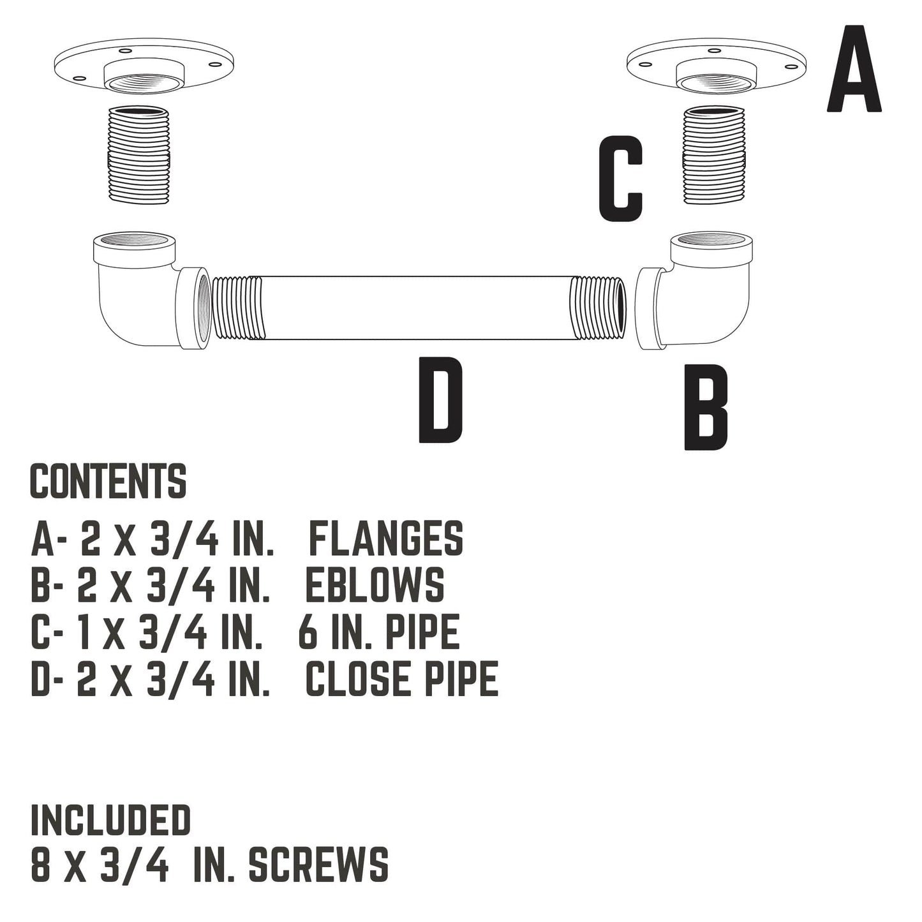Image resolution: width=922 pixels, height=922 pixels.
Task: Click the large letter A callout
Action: point(854,69)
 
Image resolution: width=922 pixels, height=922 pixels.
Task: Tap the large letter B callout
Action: point(705,407)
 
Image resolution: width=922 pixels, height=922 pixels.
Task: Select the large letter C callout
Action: point(621,179)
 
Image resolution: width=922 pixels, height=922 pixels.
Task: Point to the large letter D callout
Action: point(440,400)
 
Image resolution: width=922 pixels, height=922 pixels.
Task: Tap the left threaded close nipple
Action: point(138,155)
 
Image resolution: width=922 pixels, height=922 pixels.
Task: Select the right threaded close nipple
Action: point(714,155)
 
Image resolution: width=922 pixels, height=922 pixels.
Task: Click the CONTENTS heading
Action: point(108,481)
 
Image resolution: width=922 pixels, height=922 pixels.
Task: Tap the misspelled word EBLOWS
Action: point(375,586)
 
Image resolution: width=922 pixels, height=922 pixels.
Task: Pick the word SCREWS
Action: point(318,865)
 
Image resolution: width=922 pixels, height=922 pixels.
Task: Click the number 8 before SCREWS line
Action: point(40,865)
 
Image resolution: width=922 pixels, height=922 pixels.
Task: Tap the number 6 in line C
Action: point(308,632)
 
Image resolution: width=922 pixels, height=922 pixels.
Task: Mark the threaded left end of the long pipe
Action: point(236,308)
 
